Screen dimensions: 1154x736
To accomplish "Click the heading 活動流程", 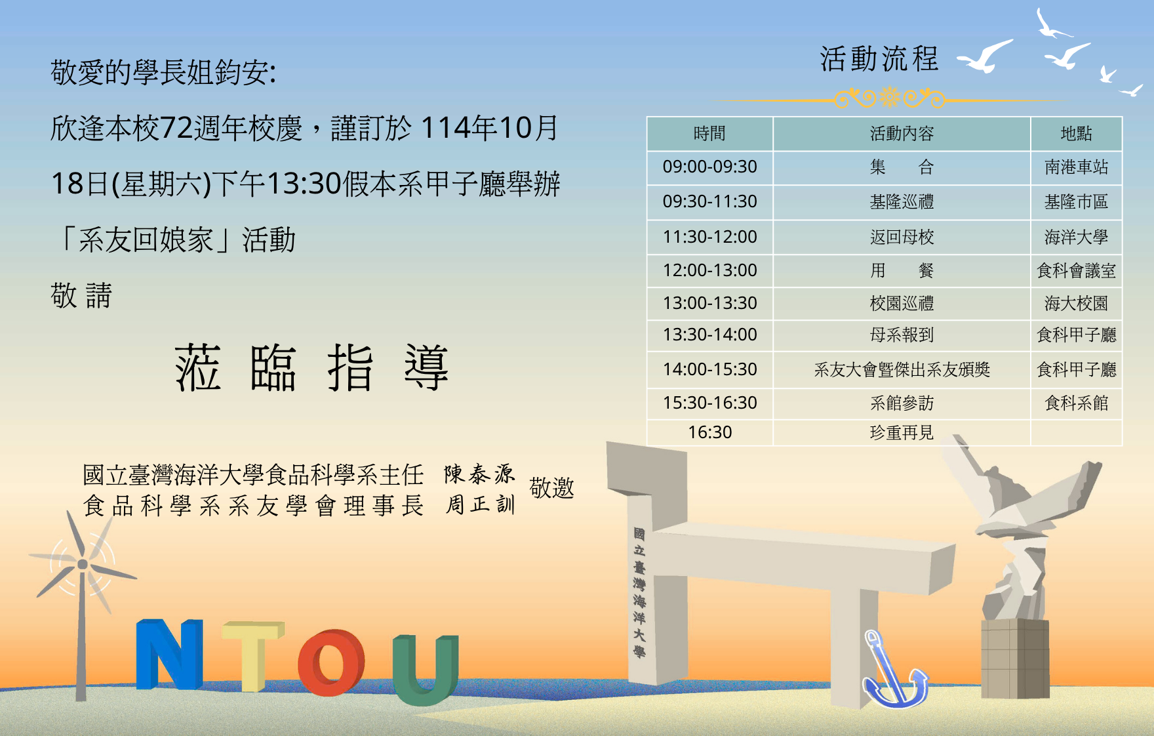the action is (879, 58).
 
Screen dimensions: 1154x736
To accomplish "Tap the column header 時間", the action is (709, 134).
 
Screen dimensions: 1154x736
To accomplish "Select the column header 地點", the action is (1076, 134).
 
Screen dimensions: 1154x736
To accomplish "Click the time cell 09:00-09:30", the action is (709, 167).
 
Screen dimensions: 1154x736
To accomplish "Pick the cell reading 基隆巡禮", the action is (902, 201).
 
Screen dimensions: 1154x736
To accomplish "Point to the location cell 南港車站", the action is (1076, 167).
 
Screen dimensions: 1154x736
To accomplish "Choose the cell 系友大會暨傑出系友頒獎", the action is (902, 370).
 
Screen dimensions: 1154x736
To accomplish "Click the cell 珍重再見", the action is (902, 433).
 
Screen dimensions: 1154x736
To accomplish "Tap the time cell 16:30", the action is (709, 432).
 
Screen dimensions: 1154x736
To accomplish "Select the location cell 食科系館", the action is (1076, 403).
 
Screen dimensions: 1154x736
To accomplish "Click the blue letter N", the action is (169, 654).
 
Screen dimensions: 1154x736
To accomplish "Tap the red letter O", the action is (331, 663).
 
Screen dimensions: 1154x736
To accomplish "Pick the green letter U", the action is (426, 669).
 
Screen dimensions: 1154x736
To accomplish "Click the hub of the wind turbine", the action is (83, 564).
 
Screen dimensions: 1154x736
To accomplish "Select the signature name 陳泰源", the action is (479, 474).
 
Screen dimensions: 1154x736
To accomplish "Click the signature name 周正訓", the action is (480, 504).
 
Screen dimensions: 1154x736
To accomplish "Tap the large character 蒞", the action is (197, 367).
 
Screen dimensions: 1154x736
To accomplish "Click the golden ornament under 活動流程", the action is (889, 99).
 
